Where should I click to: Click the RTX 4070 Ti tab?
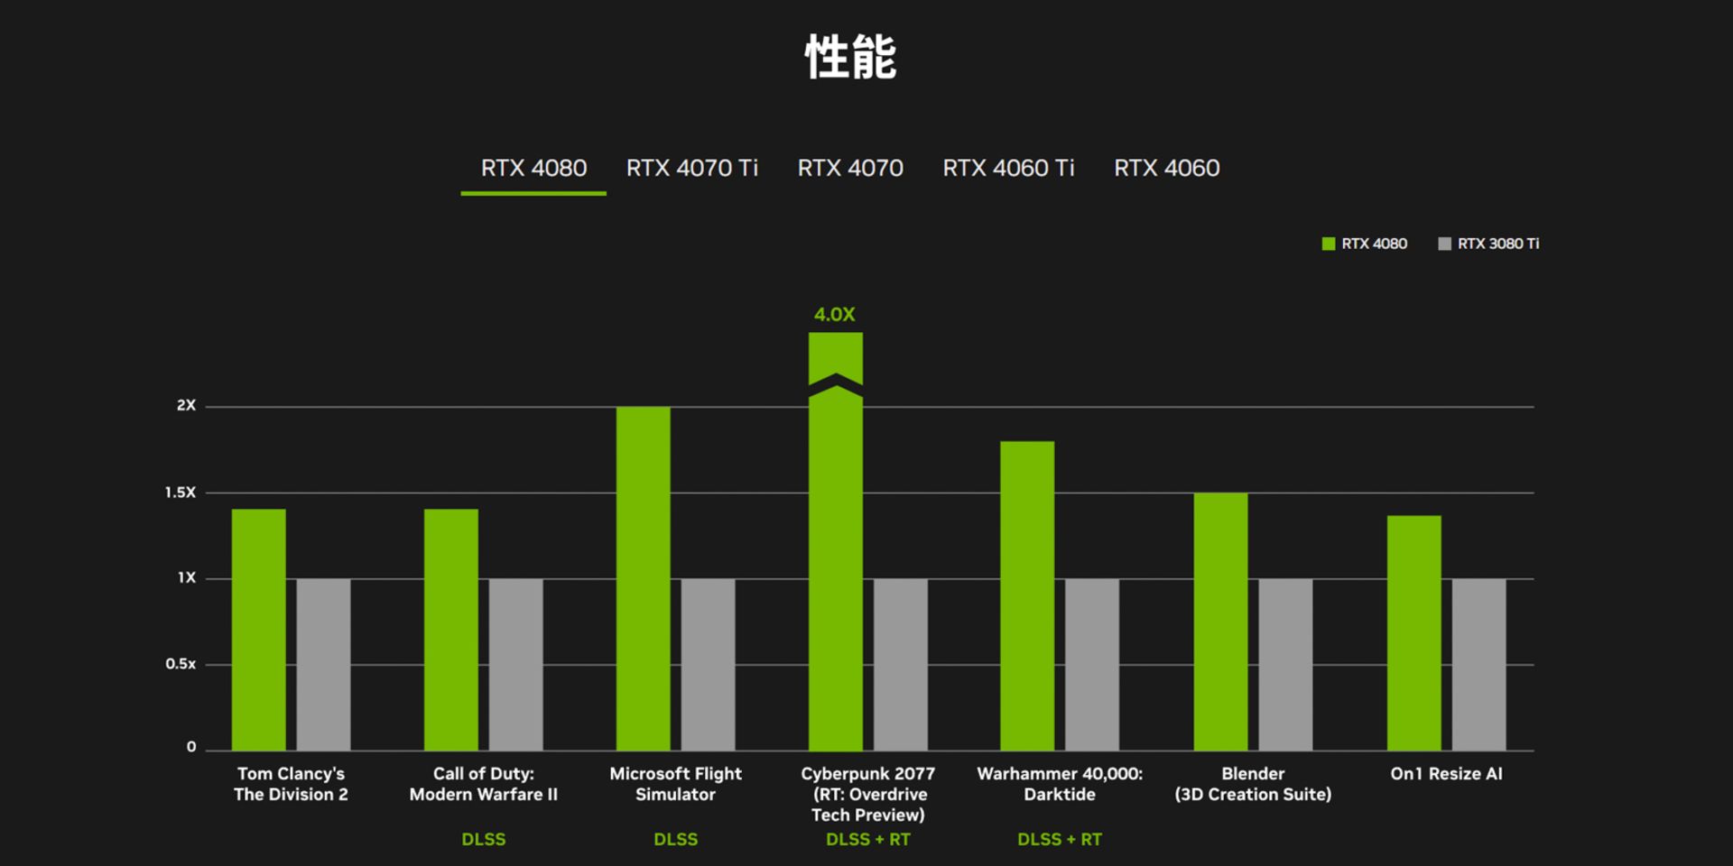pyautogui.click(x=691, y=169)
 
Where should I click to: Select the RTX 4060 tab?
pyautogui.click(x=1166, y=169)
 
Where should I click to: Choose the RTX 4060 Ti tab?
pyautogui.click(x=1008, y=169)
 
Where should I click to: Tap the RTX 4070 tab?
pyautogui.click(x=849, y=169)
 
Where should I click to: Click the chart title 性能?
pyautogui.click(x=850, y=58)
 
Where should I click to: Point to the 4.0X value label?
pyautogui.click(x=834, y=315)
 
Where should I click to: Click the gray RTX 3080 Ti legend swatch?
pyautogui.click(x=1444, y=244)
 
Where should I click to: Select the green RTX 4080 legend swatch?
pyautogui.click(x=1328, y=244)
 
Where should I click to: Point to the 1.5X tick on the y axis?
pyautogui.click(x=180, y=493)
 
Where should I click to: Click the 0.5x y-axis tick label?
pyautogui.click(x=180, y=664)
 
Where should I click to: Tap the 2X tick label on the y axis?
pyautogui.click(x=186, y=406)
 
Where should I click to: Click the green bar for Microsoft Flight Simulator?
pyautogui.click(x=643, y=577)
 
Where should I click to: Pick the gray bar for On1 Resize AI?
pyautogui.click(x=1478, y=664)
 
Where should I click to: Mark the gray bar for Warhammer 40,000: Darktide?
pyautogui.click(x=1092, y=664)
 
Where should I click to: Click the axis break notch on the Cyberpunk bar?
pyautogui.click(x=836, y=386)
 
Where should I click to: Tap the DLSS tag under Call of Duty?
pyautogui.click(x=484, y=840)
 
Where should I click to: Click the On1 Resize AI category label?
pyautogui.click(x=1446, y=774)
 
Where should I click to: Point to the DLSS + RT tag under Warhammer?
pyautogui.click(x=1060, y=840)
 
